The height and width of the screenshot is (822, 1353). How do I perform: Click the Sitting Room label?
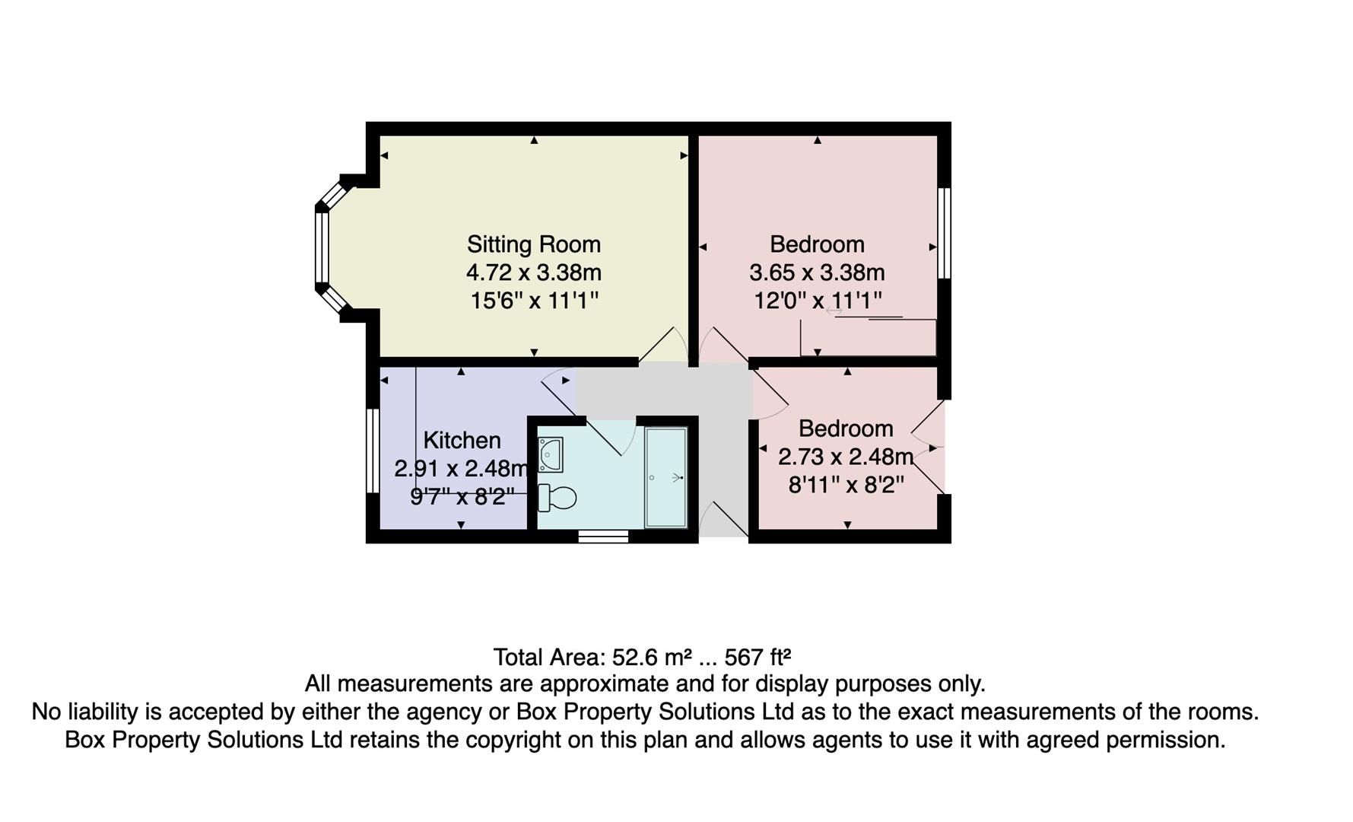(533, 244)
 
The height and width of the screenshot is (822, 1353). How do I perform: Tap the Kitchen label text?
(462, 441)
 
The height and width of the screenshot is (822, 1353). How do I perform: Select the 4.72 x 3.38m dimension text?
(533, 272)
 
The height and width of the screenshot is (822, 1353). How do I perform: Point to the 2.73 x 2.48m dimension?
(845, 457)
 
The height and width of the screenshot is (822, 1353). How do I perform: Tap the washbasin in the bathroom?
(550, 454)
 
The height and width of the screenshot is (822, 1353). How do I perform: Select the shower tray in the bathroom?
(665, 477)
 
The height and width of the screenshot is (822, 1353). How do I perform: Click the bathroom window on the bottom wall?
(603, 537)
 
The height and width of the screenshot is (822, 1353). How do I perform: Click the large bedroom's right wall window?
(944, 233)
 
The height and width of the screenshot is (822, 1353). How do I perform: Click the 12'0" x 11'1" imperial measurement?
(817, 301)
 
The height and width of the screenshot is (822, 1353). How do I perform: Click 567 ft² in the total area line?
(757, 657)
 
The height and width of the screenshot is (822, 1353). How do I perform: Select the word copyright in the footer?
(520, 740)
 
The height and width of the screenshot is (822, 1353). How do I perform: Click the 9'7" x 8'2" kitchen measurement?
(462, 497)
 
